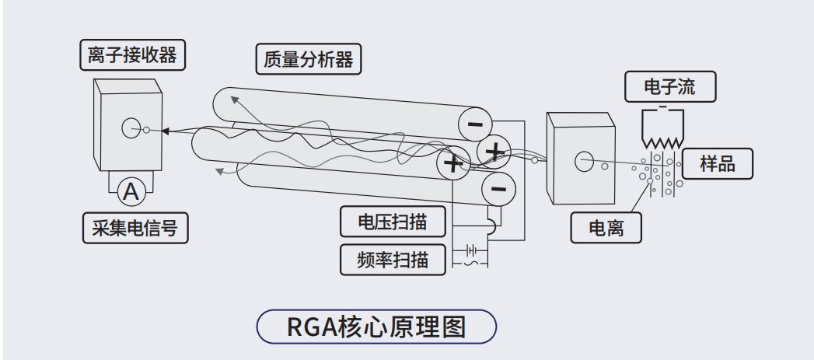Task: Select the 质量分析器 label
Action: coord(309,58)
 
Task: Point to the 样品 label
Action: coord(717,163)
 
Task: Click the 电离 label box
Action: coord(606,228)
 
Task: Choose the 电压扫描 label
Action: coord(393,222)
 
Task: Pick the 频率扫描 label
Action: coord(393,259)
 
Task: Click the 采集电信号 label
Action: coord(135,228)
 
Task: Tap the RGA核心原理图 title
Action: coord(376,327)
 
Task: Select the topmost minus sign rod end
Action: coord(475,123)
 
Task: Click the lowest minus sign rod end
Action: coord(498,187)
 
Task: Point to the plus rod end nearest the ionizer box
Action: coord(495,150)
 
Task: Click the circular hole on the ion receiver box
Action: coord(131,128)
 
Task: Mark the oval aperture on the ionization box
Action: coord(582,162)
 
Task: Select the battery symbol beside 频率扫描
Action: coord(470,250)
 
